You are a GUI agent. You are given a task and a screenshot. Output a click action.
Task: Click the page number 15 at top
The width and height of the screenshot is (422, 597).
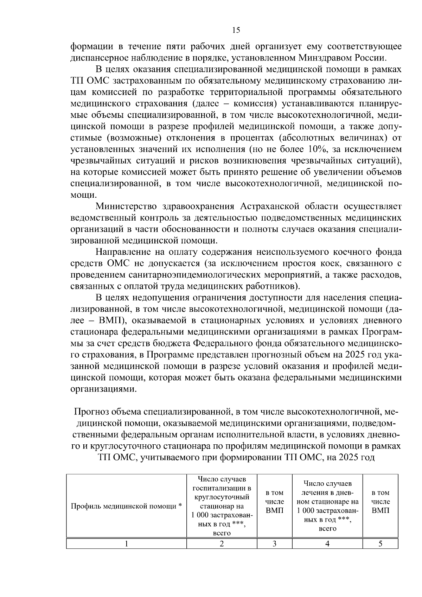coord(236,30)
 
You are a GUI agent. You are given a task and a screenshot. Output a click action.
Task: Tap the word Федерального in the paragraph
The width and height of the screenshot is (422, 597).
coord(220,343)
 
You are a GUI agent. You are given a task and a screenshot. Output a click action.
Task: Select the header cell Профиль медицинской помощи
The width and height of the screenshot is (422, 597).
coord(126,506)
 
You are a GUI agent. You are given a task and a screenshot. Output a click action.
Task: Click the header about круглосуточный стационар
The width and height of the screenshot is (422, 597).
coord(222,506)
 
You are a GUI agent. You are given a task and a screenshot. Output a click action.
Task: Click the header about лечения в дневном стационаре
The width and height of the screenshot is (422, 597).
coord(327,506)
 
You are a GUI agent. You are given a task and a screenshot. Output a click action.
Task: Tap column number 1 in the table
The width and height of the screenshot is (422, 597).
coord(126,544)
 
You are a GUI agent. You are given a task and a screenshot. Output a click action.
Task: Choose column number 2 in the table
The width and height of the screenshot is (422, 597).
coord(222,544)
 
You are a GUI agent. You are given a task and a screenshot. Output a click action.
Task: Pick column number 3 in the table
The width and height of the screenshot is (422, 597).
coord(275,544)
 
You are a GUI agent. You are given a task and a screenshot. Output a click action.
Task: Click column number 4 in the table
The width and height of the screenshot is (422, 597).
coord(327,544)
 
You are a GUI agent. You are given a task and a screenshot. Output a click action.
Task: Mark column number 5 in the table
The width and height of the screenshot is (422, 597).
coord(380,544)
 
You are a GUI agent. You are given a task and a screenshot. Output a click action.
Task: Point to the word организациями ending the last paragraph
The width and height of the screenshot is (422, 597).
coord(102,389)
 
